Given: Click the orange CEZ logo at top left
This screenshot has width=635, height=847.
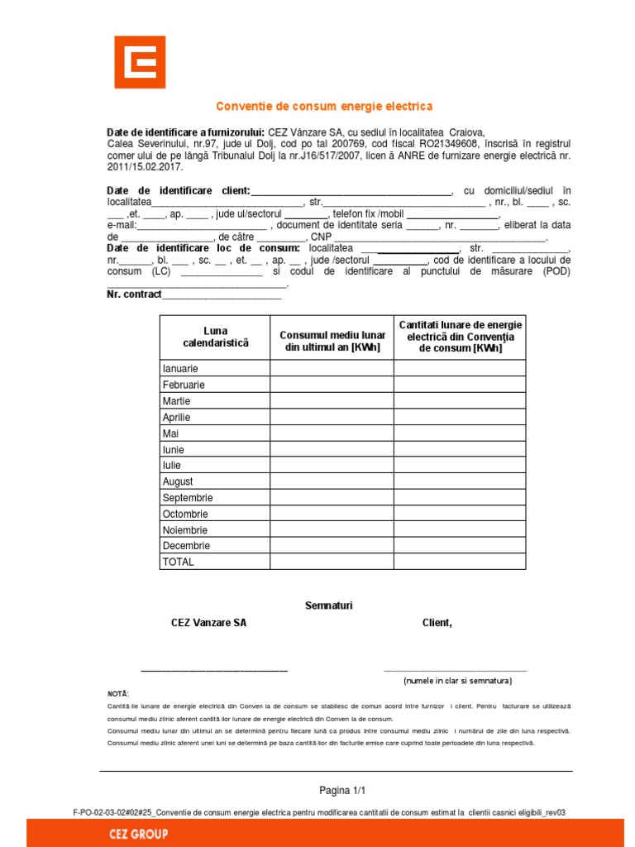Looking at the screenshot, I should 140,62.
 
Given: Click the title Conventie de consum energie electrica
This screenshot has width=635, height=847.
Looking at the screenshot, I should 324,107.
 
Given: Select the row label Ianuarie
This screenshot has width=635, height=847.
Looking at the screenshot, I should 180,369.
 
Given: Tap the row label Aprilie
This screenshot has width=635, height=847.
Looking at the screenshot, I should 177,418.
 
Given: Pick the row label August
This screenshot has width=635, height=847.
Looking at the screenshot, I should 178,481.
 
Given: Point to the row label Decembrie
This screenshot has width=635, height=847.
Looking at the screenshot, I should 186,546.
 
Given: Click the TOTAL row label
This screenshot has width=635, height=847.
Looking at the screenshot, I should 179,562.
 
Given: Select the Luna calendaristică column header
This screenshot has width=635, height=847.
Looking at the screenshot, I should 215,337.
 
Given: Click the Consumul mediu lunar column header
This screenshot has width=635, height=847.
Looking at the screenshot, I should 332,341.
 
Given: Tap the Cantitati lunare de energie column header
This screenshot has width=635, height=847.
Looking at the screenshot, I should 461,337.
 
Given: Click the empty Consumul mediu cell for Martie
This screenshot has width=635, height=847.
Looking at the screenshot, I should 332,401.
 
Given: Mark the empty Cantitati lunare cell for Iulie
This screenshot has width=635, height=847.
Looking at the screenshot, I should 459,466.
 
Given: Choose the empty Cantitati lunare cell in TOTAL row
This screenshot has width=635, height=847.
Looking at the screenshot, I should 459,562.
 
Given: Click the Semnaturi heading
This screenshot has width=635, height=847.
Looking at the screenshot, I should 329,605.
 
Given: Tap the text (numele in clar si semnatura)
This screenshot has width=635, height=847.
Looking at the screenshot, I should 457,681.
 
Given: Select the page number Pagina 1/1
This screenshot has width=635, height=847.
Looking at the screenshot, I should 342,790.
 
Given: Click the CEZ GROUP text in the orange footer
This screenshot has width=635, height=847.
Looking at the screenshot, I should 138,834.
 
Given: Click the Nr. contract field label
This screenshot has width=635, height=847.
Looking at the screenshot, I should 134,294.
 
